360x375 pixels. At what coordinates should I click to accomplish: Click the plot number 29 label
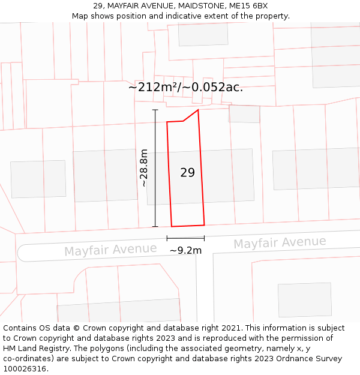tap(187, 173)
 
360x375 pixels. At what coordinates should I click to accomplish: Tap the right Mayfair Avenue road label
tap(280, 242)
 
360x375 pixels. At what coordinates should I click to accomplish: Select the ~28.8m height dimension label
tap(144, 169)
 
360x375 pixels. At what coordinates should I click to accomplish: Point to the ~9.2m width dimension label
tap(185, 251)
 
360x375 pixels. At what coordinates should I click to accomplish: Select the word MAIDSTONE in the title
tap(202, 6)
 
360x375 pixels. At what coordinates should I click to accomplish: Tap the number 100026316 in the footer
tap(26, 368)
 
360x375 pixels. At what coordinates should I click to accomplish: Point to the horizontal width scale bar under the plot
tap(185, 239)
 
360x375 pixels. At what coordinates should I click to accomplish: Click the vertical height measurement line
tap(155, 168)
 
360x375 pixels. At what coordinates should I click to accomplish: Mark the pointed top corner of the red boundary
tap(198, 110)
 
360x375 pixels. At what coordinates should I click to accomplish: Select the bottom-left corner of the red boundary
tap(172, 226)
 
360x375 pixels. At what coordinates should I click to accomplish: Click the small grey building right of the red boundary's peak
tap(244, 114)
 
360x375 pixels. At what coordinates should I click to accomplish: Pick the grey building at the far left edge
tap(38, 179)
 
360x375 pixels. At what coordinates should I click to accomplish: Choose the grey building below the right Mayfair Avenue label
tap(304, 299)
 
